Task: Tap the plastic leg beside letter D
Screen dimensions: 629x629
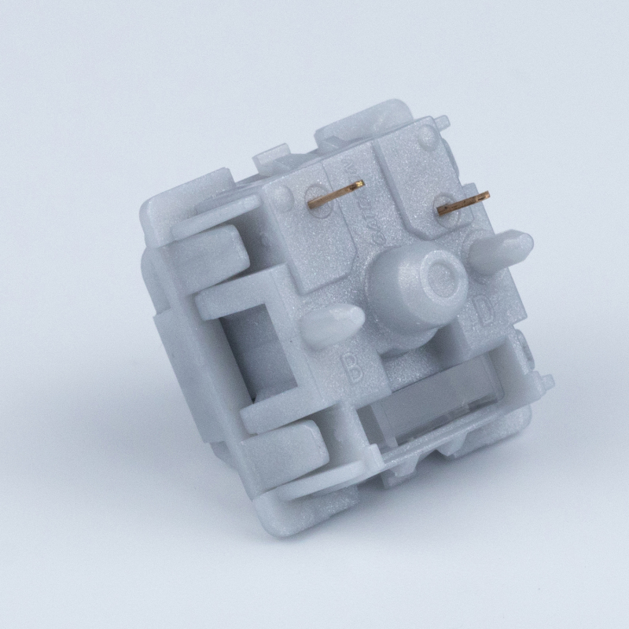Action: pos(503,247)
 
